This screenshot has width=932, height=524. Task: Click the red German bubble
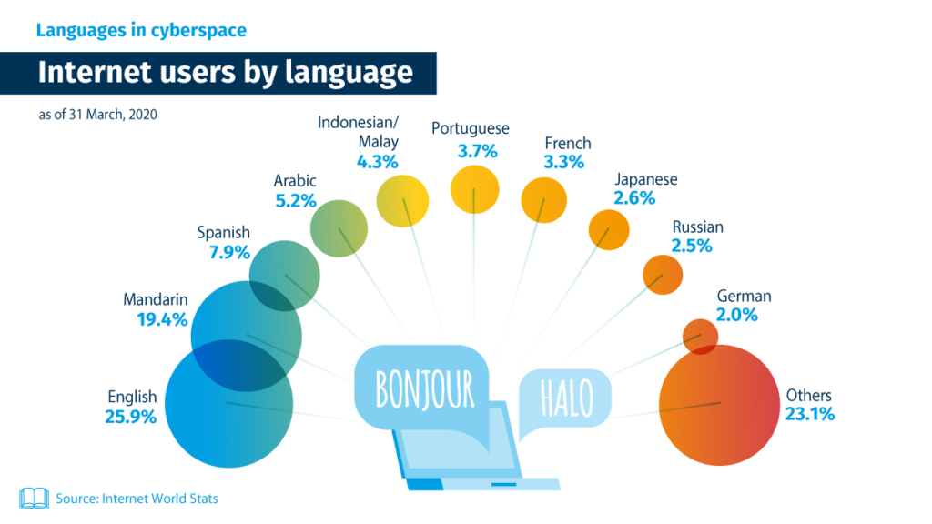click(x=700, y=337)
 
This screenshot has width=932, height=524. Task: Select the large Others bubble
click(x=719, y=405)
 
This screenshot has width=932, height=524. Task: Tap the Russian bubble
click(x=663, y=275)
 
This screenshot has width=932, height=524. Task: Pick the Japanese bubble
click(x=609, y=230)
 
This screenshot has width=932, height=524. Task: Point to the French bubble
click(x=544, y=200)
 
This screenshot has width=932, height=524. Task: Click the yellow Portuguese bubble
click(x=474, y=189)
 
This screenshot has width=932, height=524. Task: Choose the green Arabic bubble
click(x=339, y=228)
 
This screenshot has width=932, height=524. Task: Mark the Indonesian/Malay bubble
click(x=402, y=201)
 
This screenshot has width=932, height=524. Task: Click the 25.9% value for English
click(x=131, y=417)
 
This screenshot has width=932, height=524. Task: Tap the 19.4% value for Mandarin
click(x=162, y=319)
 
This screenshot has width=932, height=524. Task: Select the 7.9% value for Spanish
click(x=229, y=253)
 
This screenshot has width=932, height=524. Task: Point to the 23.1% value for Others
click(x=809, y=414)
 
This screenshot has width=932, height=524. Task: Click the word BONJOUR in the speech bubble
click(x=425, y=389)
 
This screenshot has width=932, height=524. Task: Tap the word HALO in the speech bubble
click(x=566, y=398)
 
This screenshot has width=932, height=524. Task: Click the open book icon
click(x=34, y=499)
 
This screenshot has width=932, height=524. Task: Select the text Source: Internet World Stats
click(x=137, y=499)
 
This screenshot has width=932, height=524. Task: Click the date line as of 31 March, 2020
click(x=98, y=114)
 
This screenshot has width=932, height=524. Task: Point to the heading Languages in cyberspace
click(x=141, y=30)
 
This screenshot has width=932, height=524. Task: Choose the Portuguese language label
click(x=471, y=129)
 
